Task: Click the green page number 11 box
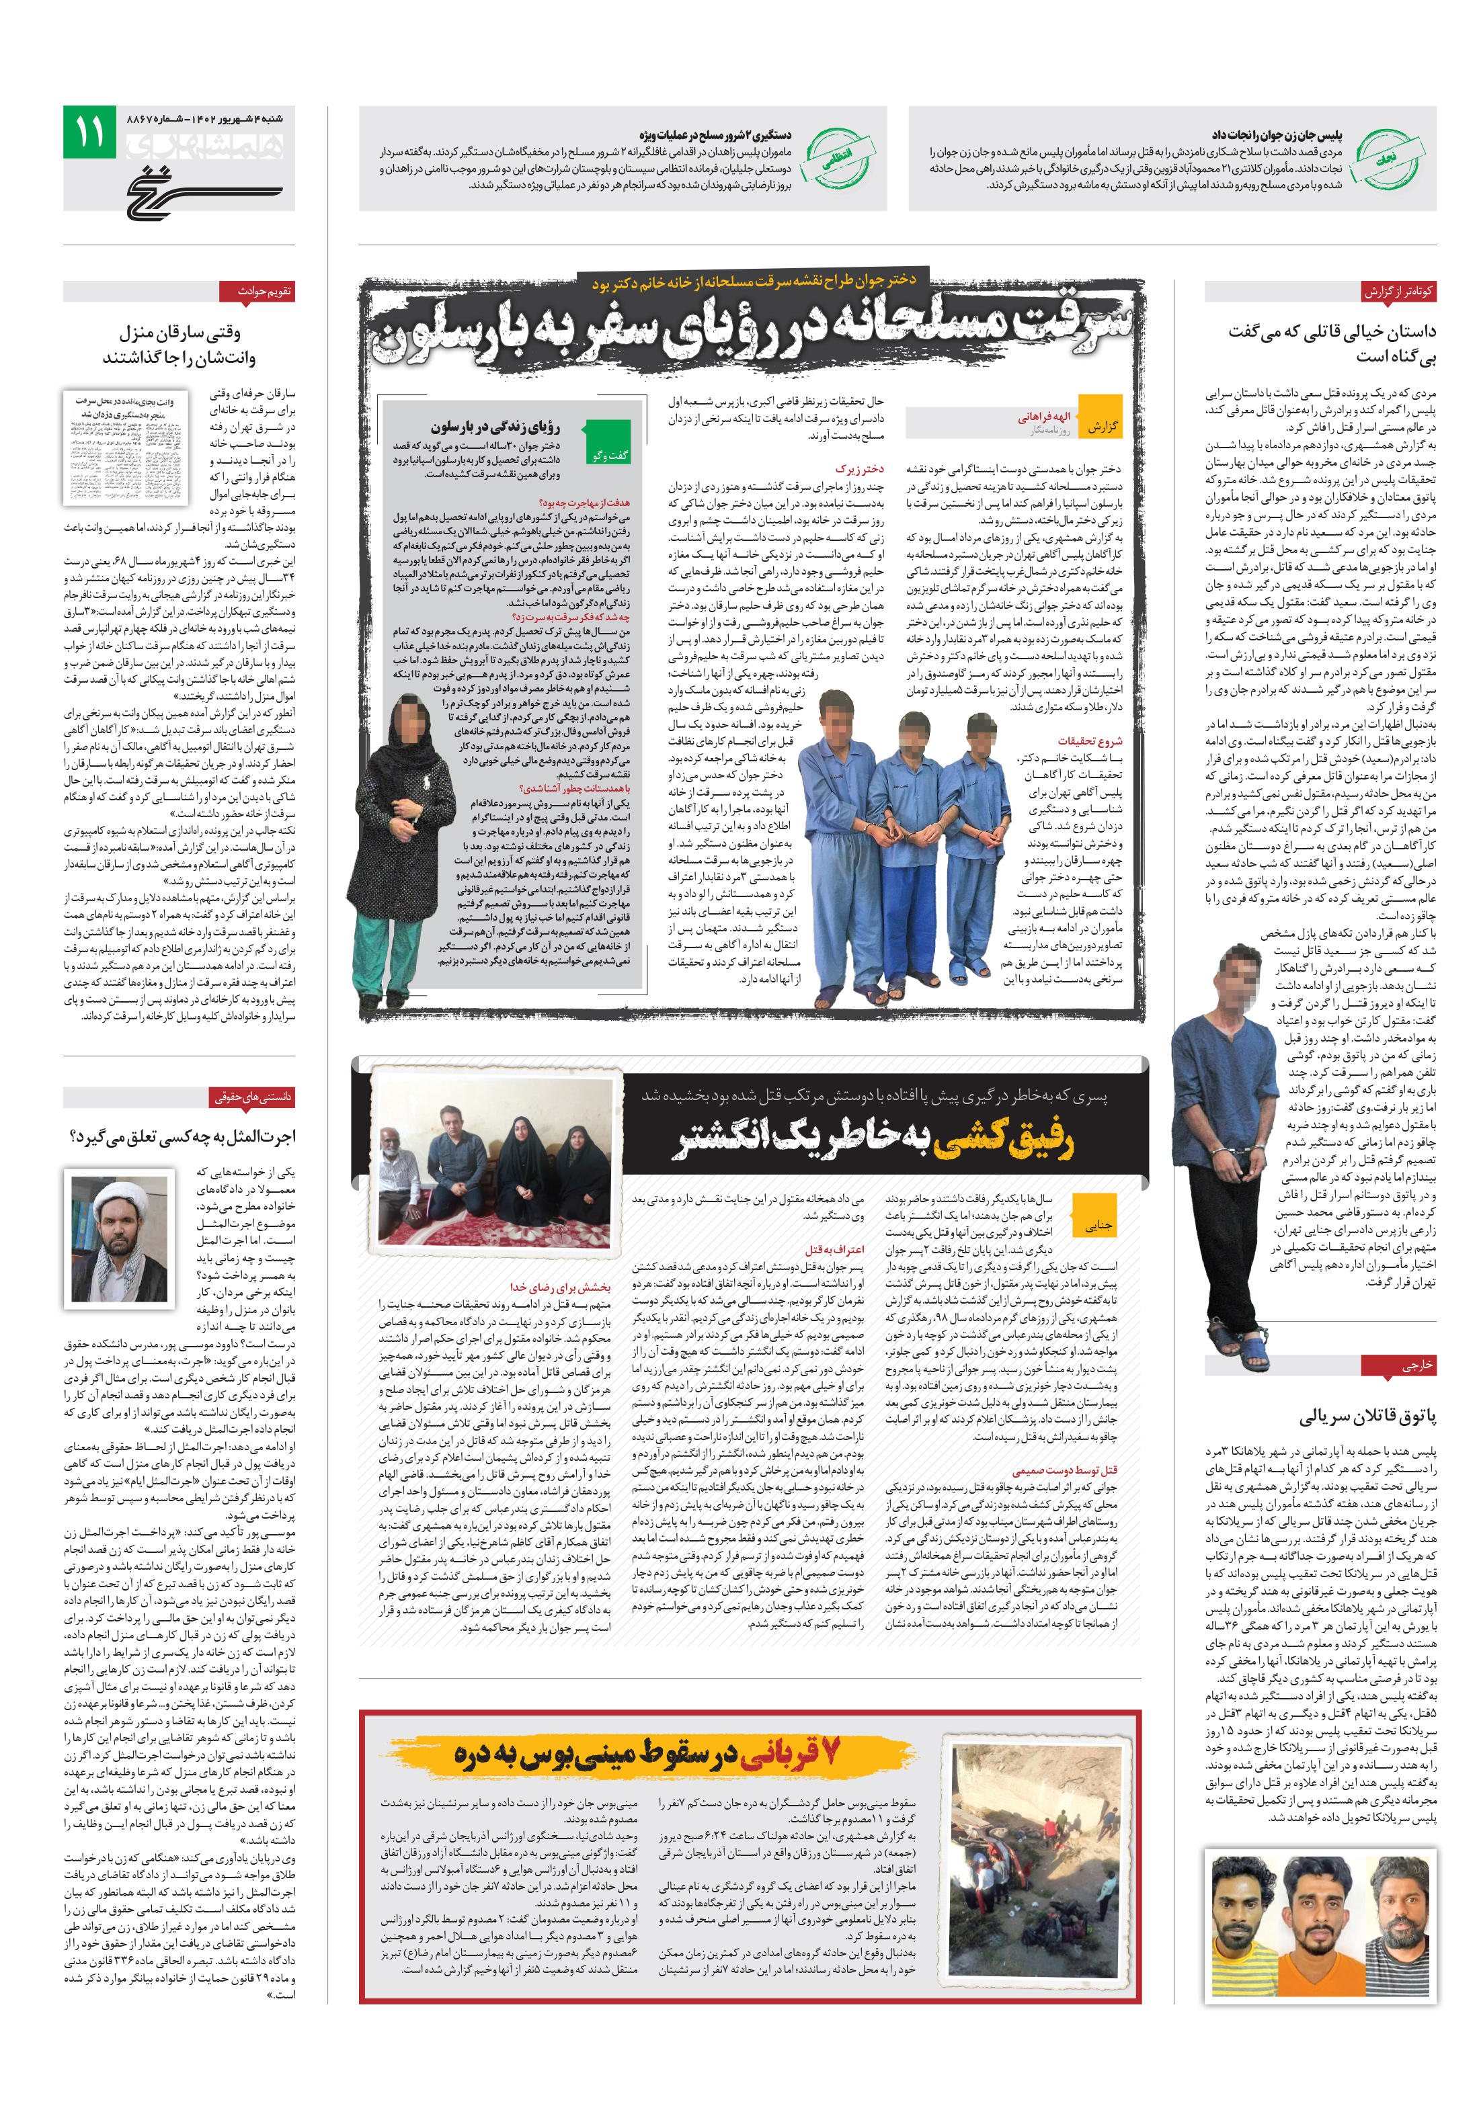click(x=89, y=132)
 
